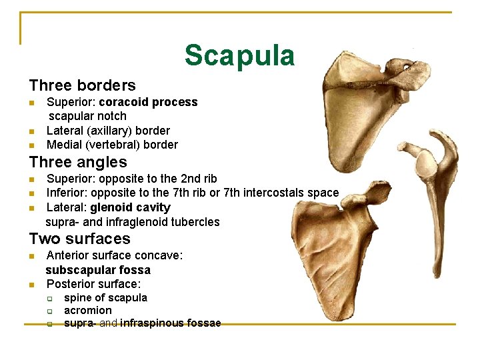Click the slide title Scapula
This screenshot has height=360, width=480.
coord(239,55)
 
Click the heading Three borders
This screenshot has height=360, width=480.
coord(82,85)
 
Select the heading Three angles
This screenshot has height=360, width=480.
coord(78,162)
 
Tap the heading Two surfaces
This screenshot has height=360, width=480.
coord(79,239)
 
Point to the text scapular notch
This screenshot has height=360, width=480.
coord(86,116)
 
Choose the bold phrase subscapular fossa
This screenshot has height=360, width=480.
coord(98,270)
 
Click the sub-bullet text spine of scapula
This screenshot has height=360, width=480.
coord(105,297)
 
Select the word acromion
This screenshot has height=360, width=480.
coord(88,311)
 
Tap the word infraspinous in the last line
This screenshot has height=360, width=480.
coord(153,323)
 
